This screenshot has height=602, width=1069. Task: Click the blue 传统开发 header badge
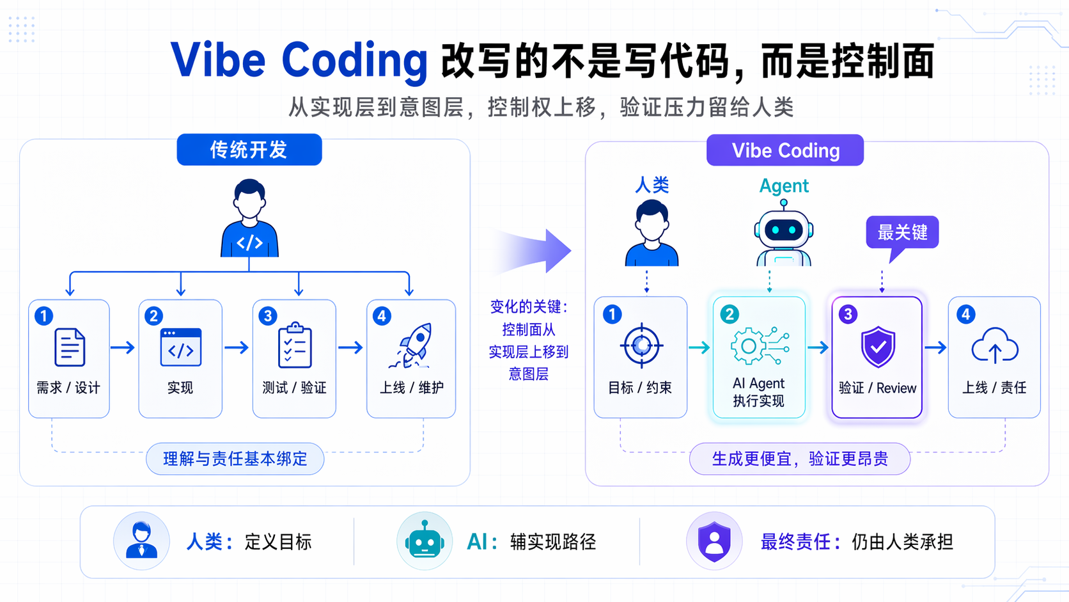point(249,150)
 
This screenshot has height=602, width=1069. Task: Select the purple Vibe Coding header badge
point(784,150)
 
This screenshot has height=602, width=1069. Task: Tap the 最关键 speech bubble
point(901,232)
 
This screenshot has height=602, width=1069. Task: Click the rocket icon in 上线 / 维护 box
point(412,346)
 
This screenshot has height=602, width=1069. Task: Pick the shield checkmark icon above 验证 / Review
point(877,347)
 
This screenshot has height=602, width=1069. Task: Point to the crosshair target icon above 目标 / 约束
point(641,346)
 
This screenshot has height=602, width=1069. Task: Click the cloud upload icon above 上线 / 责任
point(994,346)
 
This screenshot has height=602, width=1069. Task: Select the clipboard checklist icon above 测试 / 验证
point(295,346)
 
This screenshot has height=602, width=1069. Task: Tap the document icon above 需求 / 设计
point(70,347)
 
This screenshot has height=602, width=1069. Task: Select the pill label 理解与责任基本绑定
point(235,459)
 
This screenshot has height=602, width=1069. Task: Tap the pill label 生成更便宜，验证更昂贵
point(799,459)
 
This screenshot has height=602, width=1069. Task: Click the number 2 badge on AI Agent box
point(729,314)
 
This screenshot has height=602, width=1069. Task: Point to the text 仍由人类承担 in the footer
point(901,542)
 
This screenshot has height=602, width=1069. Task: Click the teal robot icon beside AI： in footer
point(424,541)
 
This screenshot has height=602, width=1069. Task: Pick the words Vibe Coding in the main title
point(299,60)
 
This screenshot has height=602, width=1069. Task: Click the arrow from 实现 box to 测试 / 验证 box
point(237,347)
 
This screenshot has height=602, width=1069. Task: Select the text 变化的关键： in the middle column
point(529,307)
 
